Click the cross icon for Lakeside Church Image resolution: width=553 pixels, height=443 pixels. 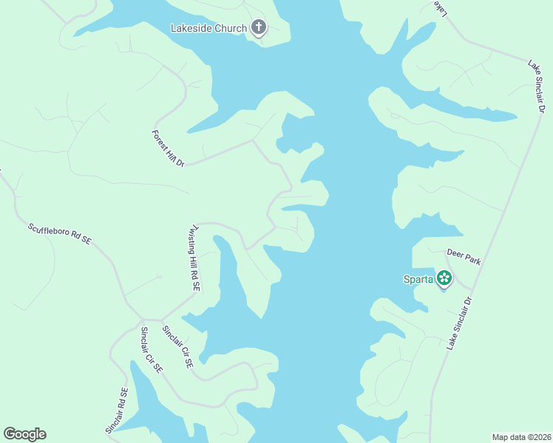(x=258, y=28)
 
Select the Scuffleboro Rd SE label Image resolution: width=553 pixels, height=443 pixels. (x=59, y=234)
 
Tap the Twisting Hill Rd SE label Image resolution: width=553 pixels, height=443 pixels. (x=195, y=258)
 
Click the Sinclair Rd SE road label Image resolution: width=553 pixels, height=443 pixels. (x=117, y=411)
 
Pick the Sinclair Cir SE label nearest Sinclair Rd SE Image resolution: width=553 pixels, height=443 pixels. (x=152, y=351)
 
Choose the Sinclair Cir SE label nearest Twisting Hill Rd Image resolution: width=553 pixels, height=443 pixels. (x=177, y=347)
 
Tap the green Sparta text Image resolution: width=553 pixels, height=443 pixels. (x=418, y=279)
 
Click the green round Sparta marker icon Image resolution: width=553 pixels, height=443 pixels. (x=444, y=278)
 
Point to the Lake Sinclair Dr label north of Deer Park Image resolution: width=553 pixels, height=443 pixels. (x=536, y=87)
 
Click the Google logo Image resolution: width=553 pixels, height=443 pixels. (x=24, y=434)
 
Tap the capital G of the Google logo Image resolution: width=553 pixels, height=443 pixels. (x=10, y=434)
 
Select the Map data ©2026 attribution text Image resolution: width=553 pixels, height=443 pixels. (x=521, y=436)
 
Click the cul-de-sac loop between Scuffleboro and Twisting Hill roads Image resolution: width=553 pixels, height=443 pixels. (x=159, y=277)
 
